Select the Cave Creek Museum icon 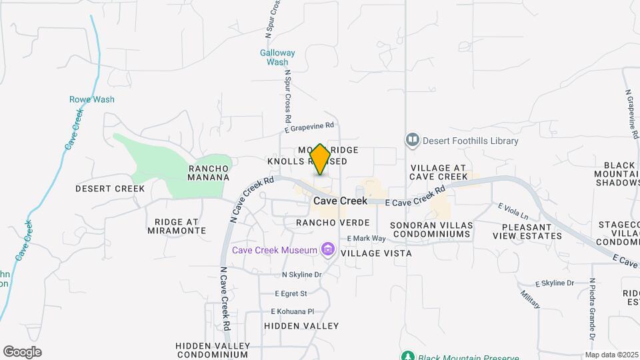(327, 250)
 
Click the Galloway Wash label (277, 57)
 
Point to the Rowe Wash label (92, 99)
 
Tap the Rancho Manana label (209, 173)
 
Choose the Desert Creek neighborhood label (110, 189)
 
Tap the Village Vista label (376, 253)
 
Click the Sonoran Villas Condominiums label (431, 230)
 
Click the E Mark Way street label (366, 238)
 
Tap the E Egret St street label (291, 293)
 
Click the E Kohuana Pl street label (292, 311)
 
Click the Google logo (22, 352)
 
